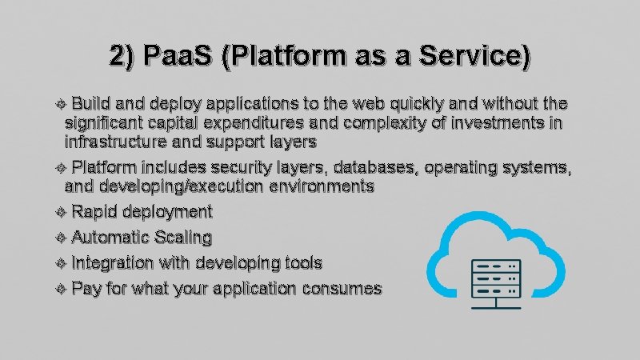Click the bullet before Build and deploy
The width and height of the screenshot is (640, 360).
tap(65, 105)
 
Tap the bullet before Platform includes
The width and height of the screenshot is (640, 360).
tap(65, 168)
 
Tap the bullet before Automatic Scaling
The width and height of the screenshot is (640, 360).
tap(65, 238)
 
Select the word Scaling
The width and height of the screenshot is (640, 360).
tap(184, 238)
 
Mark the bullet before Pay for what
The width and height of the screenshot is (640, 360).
tap(65, 289)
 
